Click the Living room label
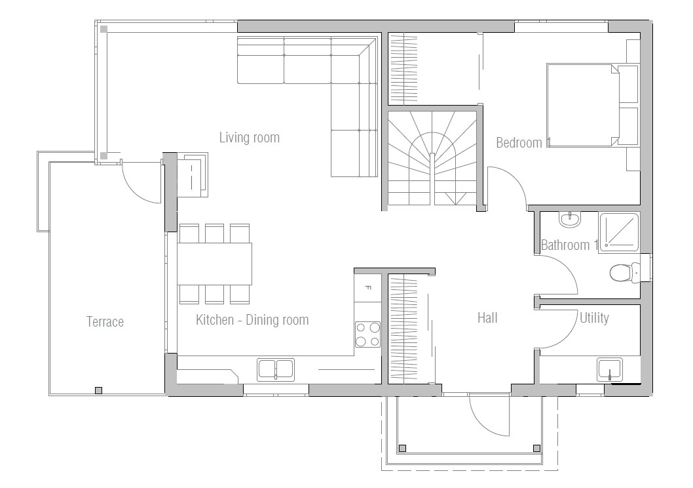coord(249,138)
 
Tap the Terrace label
coord(105,321)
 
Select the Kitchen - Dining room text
coord(252,320)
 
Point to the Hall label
coord(487,318)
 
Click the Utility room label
coord(594,318)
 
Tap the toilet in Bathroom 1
coord(622,272)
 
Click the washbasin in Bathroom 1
coord(570,219)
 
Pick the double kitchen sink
coord(276,369)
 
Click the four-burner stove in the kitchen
coord(367,333)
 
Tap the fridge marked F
coord(367,287)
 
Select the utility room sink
coord(610,369)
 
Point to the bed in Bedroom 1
coord(583,105)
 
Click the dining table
coord(214,263)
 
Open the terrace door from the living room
coord(141,180)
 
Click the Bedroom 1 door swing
coord(508,187)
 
